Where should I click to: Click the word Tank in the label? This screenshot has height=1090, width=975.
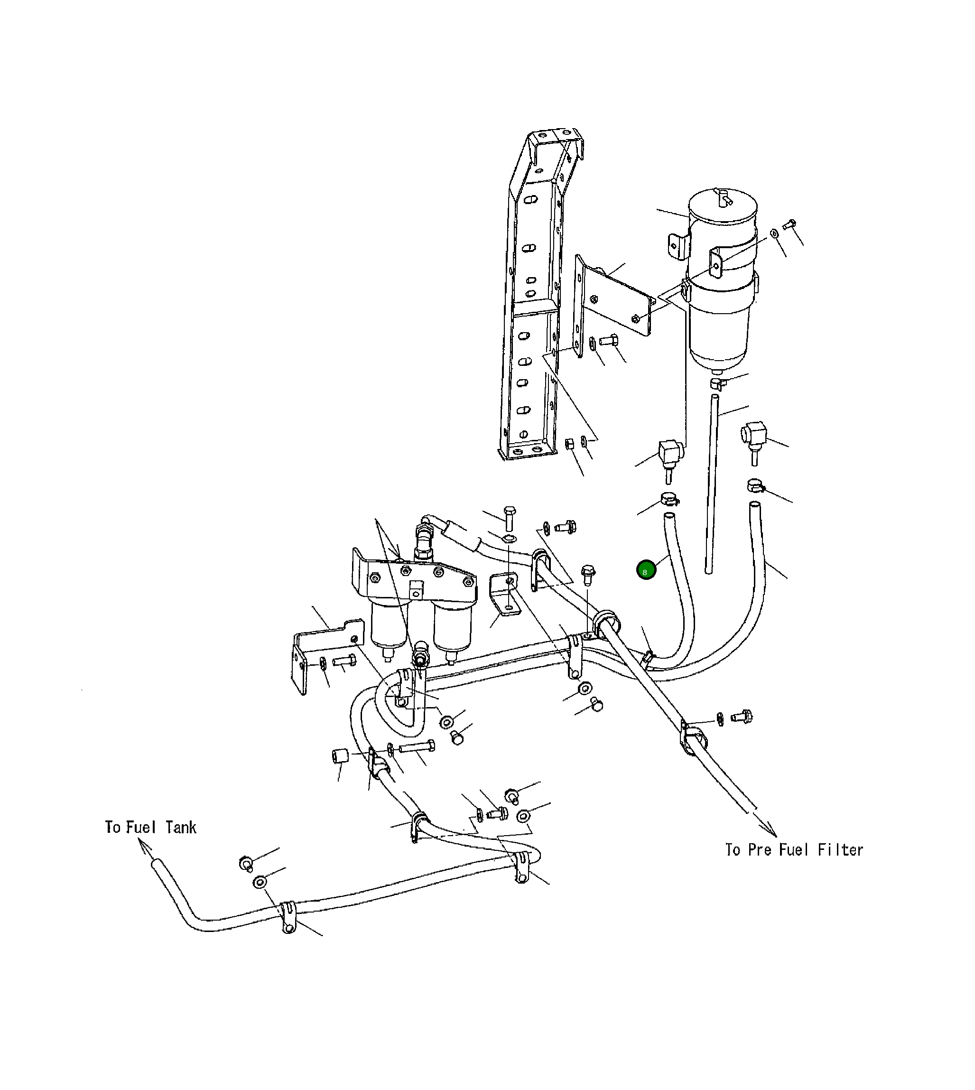click(181, 828)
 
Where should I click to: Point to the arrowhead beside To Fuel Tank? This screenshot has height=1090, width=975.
click(144, 845)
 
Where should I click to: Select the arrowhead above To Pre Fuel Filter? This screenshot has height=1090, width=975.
click(771, 829)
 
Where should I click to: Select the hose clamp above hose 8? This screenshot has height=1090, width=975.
click(669, 500)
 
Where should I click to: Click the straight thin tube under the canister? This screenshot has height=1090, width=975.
click(712, 482)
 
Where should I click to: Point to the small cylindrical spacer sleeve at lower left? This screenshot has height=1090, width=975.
click(339, 757)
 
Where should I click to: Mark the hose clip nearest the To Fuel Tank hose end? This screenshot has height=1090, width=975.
click(288, 916)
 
